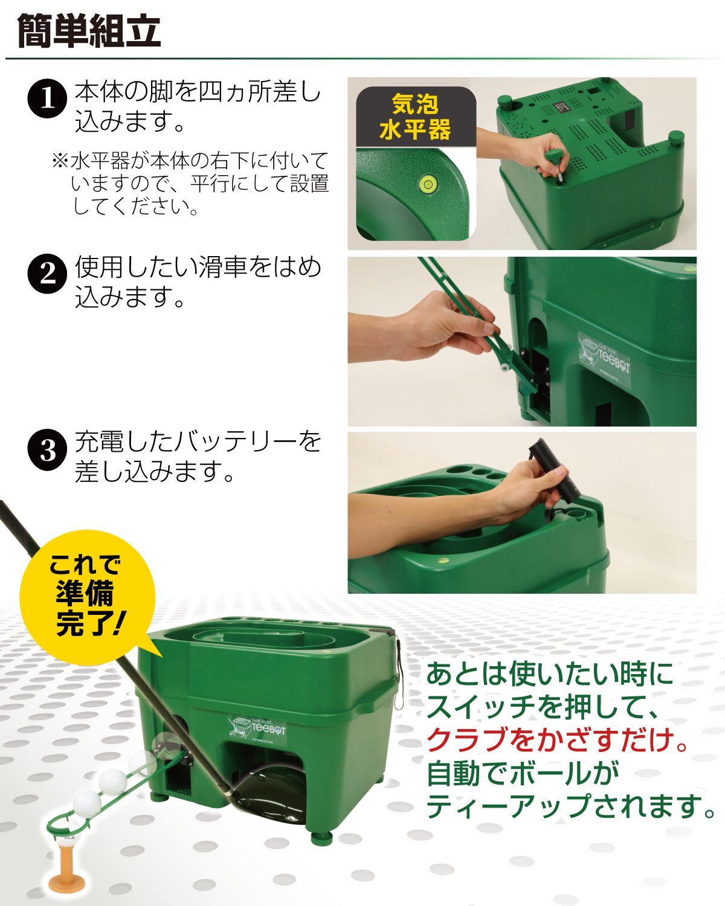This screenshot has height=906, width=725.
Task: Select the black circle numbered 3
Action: (x=47, y=451)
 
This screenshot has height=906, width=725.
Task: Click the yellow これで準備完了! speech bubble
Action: (x=85, y=595)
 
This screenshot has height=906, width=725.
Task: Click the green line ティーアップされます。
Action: (x=571, y=806)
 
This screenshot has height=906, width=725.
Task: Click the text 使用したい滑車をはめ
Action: (x=198, y=268)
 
